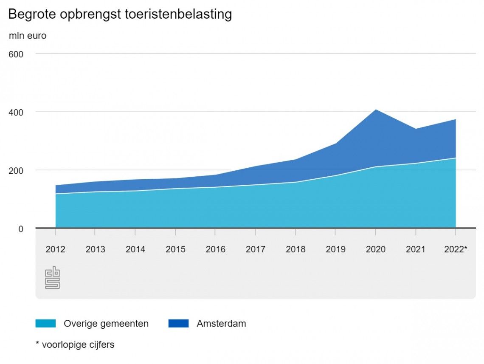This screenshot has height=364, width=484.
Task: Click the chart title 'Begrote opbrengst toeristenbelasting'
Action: (120, 14)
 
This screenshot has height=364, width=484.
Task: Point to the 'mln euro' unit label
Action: (28, 36)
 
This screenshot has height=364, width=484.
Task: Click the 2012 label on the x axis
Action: (55, 249)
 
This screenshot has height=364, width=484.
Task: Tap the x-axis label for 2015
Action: (175, 249)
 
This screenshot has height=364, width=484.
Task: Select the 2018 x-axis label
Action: (295, 249)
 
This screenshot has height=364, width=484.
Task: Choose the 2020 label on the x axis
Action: (375, 249)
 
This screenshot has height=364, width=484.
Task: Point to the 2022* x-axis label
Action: (456, 249)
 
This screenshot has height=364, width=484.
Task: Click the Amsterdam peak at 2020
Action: (375, 110)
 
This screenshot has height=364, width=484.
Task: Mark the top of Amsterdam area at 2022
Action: (455, 120)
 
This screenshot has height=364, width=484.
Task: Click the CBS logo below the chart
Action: (52, 277)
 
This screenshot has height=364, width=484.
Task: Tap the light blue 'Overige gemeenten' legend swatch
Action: (45, 324)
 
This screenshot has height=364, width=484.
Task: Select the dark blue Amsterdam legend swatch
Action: (178, 324)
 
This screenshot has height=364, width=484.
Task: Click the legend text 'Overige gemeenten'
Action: (106, 324)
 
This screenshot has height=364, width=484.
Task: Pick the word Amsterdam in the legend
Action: (221, 324)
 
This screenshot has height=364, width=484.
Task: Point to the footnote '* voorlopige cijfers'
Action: (75, 344)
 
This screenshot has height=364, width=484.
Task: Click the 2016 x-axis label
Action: (215, 249)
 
